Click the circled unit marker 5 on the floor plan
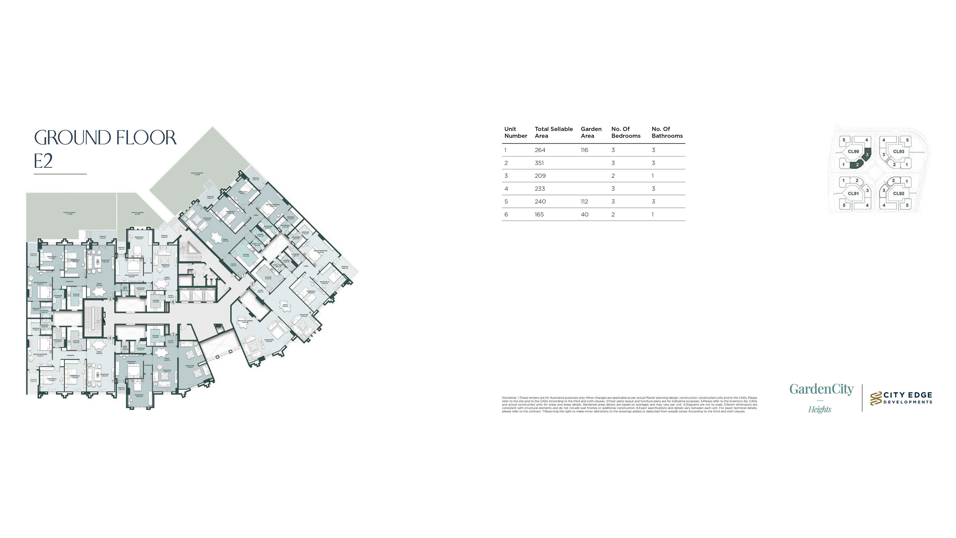coord(110,299)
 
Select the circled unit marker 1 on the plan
coord(244,276)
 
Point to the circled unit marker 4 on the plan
coord(110,338)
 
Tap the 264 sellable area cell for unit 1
coord(540,150)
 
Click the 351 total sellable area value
coord(539,163)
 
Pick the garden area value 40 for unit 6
coord(585,215)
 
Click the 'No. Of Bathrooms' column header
coord(667,132)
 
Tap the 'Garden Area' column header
coord(591,132)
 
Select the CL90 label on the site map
coord(853,151)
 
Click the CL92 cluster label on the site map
coord(898,193)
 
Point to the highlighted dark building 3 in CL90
coord(867,154)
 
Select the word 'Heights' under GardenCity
coord(820,409)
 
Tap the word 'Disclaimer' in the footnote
coord(509,398)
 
